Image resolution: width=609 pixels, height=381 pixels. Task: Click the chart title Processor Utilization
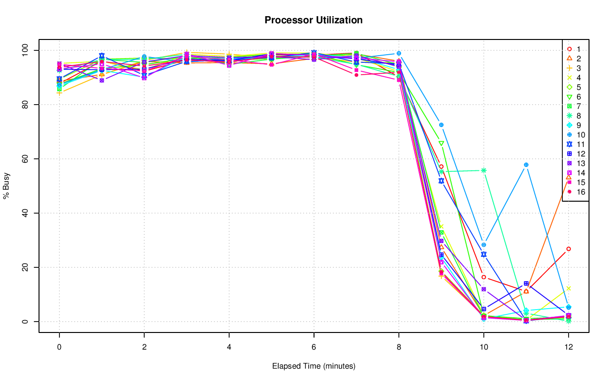click(314, 20)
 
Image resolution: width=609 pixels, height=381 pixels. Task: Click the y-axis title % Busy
click(7, 186)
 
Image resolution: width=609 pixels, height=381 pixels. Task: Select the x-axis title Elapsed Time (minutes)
click(314, 366)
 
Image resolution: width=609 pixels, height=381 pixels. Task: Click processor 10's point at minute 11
click(526, 165)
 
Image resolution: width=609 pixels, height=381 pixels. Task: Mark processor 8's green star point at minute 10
click(483, 170)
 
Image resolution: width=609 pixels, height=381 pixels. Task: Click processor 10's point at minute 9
click(441, 125)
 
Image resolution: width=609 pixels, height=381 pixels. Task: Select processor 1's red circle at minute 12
click(568, 249)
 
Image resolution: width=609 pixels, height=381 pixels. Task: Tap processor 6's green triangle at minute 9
click(441, 143)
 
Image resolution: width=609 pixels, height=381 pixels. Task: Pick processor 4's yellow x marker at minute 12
click(568, 288)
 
